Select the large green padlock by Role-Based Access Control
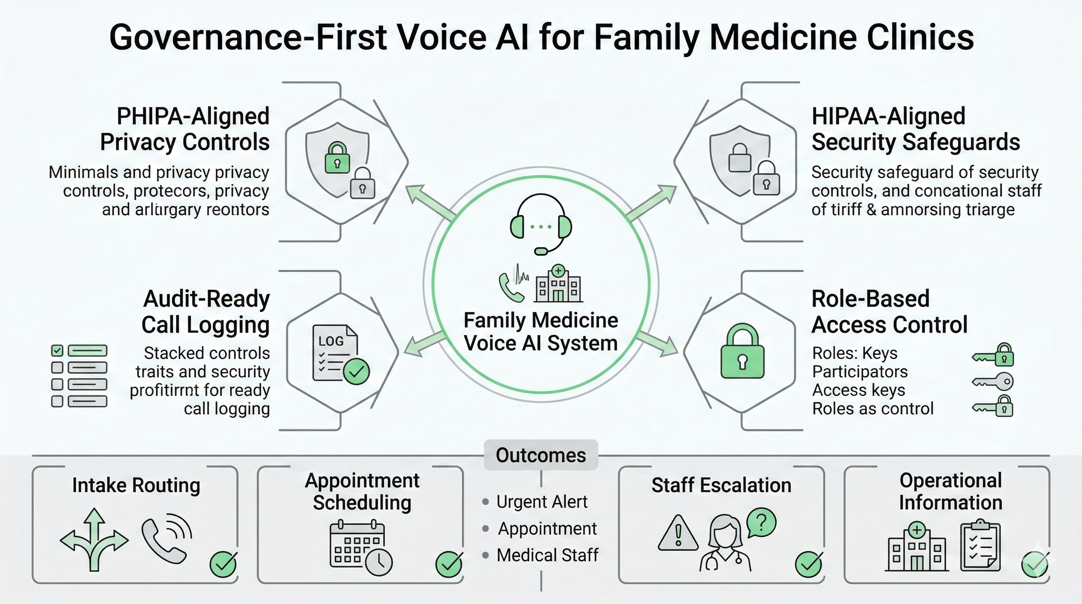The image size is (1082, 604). click(742, 352)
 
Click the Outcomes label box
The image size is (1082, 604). click(541, 455)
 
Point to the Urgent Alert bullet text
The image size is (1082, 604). click(541, 502)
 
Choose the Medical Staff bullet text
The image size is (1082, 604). click(547, 555)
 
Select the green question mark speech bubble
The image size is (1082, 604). click(761, 523)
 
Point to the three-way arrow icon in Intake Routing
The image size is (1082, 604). click(94, 540)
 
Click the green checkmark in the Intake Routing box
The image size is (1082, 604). click(223, 565)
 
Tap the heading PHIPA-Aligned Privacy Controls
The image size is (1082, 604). click(185, 129)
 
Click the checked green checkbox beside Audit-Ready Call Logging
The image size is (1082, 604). click(57, 351)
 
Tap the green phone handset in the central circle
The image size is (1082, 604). click(510, 288)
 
